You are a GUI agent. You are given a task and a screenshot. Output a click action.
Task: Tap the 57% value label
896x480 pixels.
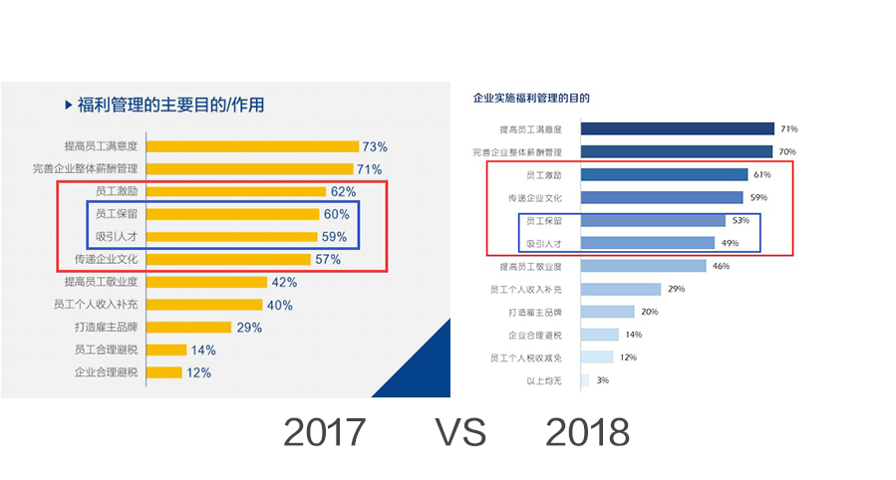[328, 259]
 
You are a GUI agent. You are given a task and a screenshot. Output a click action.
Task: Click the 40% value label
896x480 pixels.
[279, 305]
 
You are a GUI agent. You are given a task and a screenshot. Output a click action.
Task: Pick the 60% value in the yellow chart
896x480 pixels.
[335, 213]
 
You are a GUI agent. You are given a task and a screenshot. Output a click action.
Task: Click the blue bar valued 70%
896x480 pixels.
[676, 151]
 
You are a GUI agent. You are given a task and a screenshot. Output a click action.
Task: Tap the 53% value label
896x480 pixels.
[740, 220]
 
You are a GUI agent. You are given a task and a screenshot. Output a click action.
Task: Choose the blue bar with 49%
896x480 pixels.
[647, 243]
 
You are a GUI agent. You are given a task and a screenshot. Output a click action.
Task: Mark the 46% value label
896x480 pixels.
[722, 266]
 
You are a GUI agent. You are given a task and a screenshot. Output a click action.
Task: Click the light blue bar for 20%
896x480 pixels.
[607, 312]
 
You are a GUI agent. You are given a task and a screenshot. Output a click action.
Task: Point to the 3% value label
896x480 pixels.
[602, 379]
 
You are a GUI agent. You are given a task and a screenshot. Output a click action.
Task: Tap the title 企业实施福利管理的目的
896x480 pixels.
[531, 99]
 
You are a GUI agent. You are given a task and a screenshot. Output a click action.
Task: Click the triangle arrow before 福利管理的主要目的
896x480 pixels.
[68, 104]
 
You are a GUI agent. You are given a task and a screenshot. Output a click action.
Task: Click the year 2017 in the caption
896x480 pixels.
[324, 433]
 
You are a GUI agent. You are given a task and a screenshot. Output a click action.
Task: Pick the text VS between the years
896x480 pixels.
[459, 433]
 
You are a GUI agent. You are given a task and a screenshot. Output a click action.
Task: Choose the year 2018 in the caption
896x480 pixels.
[587, 433]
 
